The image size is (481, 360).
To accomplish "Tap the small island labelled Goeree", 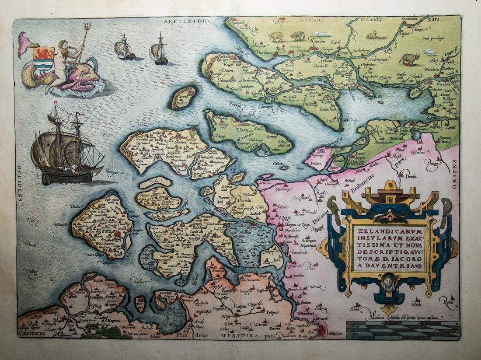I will coord(183,98).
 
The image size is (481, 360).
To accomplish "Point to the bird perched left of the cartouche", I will coord(334,206).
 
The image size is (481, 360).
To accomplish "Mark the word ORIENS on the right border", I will coord(454,174).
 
